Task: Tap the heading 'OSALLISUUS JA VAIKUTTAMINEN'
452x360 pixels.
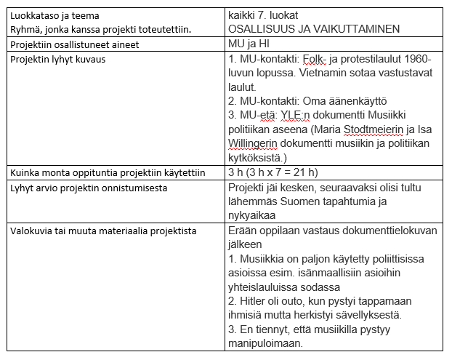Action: click(x=314, y=29)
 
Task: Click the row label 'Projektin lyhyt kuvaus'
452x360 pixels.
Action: click(x=60, y=58)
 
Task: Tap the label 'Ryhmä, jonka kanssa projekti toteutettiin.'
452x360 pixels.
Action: click(x=100, y=29)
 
